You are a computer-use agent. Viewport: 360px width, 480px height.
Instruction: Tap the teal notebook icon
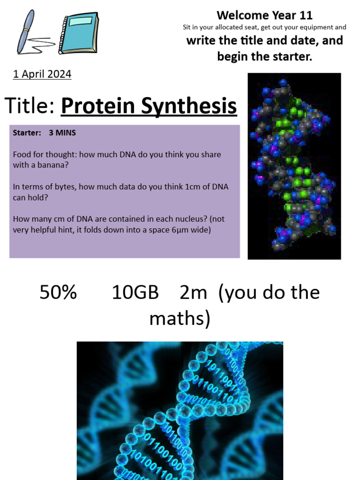(x=79, y=33)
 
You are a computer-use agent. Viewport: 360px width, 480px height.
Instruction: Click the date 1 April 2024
(x=42, y=74)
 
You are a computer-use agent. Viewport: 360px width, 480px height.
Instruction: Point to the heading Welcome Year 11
(x=264, y=15)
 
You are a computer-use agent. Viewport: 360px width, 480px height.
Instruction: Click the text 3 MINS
(x=62, y=133)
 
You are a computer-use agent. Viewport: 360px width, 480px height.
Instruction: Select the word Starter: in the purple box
(x=27, y=133)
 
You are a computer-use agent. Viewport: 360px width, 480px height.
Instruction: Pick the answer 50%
(x=58, y=292)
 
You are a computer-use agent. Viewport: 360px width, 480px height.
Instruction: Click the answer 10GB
(x=135, y=292)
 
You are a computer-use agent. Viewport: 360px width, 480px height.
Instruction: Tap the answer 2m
(x=193, y=292)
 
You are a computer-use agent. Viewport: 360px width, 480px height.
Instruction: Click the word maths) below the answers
(x=180, y=319)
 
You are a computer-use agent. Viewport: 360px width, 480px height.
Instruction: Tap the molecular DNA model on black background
(x=294, y=166)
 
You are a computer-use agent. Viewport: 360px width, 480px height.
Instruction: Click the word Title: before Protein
(x=30, y=106)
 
